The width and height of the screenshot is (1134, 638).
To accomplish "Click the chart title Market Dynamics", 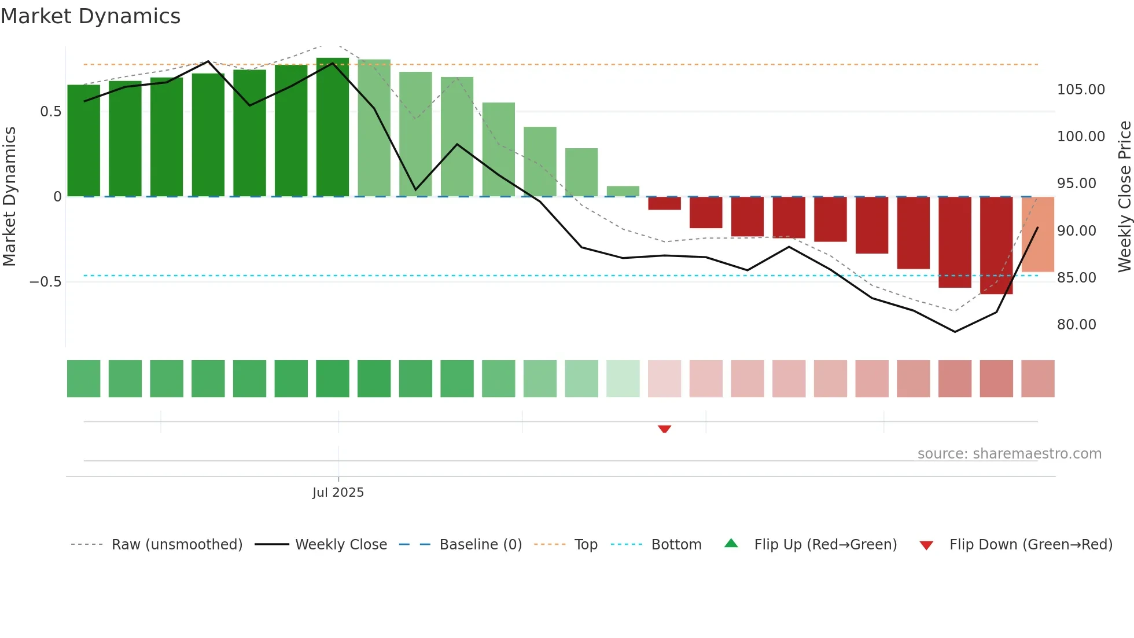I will pos(90,16).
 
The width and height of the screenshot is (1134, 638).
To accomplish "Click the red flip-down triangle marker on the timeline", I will pos(664,429).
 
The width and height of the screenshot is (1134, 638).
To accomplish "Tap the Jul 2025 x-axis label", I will pos(338,493).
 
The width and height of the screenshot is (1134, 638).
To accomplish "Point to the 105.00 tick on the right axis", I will pos(1081,90).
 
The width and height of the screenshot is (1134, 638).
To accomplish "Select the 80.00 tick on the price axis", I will pos(1076,325).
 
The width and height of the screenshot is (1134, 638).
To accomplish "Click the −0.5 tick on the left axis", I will pos(45,282).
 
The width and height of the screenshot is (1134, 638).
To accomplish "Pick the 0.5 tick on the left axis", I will pos(50,112).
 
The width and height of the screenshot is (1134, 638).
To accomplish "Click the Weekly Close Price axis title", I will pos(1124,196).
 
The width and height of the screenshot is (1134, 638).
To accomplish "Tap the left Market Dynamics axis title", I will pos(9,196).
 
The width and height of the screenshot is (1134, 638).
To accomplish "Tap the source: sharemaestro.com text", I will pos(1009,454).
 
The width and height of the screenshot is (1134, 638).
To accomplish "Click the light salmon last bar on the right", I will pos(1037,234).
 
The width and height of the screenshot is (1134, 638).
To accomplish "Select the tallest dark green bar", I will pos(333,127).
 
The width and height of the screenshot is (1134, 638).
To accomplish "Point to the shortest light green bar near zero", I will pos(623,191).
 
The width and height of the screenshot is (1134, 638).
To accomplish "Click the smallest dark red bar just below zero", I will pos(664,203).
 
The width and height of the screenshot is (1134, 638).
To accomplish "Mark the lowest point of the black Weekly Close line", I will pos(955,332).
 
